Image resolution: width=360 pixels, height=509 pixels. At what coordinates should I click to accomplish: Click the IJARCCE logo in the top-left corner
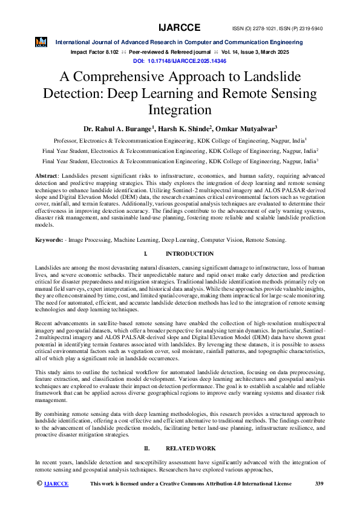(x=41, y=42)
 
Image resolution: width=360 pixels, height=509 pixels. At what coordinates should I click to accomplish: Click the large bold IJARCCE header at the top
(x=180, y=28)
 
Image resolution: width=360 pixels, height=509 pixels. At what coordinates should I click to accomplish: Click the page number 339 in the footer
(x=320, y=484)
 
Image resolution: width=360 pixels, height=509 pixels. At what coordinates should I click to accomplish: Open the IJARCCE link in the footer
(x=57, y=484)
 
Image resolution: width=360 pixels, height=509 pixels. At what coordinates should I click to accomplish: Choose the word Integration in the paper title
(x=180, y=111)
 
